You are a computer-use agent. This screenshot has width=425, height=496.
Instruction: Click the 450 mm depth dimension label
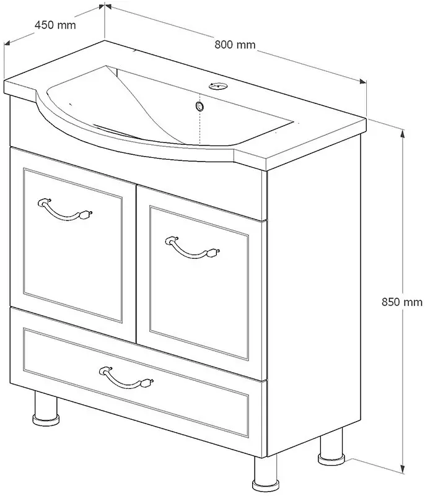pyautogui.click(x=55, y=25)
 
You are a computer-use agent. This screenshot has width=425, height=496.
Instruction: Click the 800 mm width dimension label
pyautogui.click(x=235, y=45)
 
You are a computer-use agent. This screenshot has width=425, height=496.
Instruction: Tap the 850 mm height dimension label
pyautogui.click(x=402, y=302)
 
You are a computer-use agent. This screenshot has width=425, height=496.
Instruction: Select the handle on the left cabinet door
pyautogui.click(x=65, y=210)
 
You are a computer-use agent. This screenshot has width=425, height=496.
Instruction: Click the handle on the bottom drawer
pyautogui.click(x=126, y=378)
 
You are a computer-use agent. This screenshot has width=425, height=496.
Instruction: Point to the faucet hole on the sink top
pyautogui.click(x=217, y=86)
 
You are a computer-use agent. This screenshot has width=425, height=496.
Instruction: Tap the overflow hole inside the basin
pyautogui.click(x=199, y=107)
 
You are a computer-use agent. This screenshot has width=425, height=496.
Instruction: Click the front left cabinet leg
pyautogui.click(x=46, y=408)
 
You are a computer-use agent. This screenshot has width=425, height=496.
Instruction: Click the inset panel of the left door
pyautogui.click(x=72, y=245)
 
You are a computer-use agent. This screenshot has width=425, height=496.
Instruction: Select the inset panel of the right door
pyautogui.click(x=199, y=283)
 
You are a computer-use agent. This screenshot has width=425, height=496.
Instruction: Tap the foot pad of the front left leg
pyautogui.click(x=46, y=420)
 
